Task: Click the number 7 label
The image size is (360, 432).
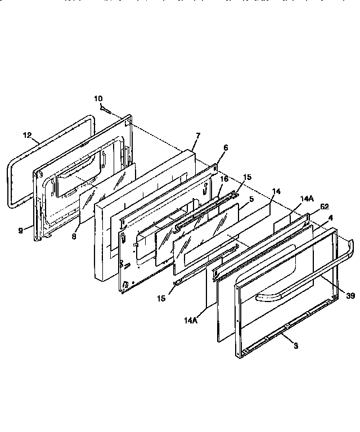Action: pos(198,136)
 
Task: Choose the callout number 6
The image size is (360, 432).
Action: pos(225,147)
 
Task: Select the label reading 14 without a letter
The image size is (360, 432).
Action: pos(276,192)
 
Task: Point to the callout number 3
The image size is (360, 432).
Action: pos(296,345)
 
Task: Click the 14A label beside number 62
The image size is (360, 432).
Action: pos(306,199)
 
